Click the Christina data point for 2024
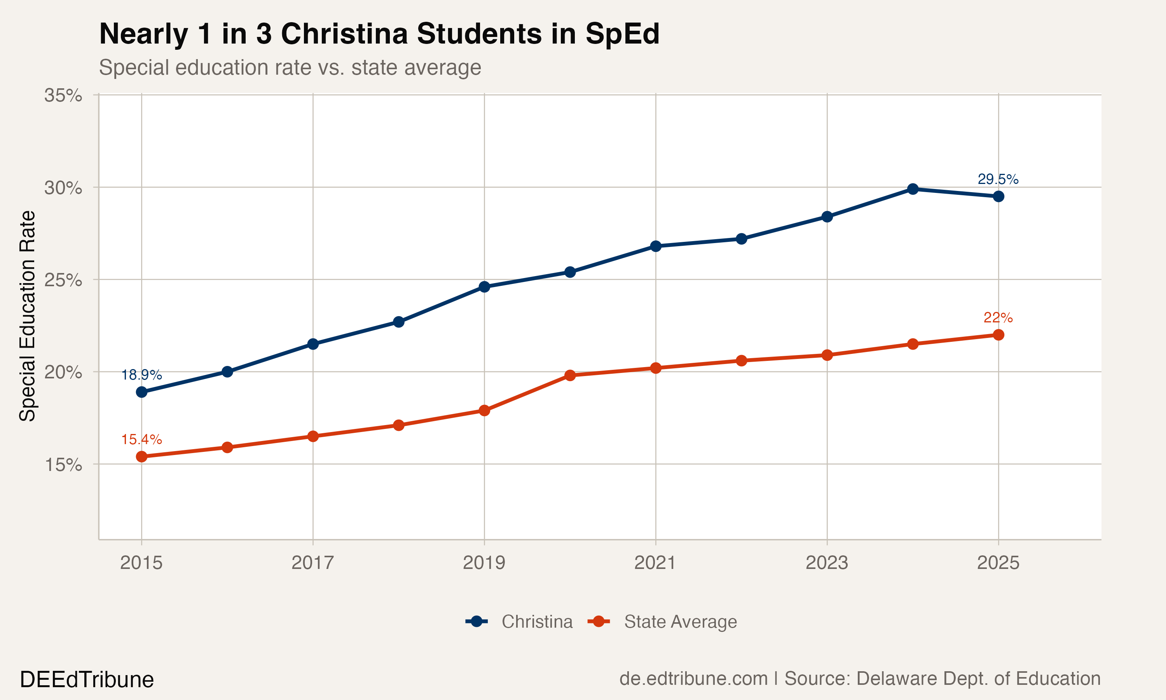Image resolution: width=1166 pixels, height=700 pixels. coord(913,189)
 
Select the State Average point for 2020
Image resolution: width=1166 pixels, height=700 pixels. coord(570,375)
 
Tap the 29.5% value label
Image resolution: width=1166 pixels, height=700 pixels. coord(998,179)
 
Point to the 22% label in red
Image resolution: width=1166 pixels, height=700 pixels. coord(998,318)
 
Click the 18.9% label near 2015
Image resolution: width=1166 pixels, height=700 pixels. coord(141,375)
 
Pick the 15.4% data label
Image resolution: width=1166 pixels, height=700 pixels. coord(141,439)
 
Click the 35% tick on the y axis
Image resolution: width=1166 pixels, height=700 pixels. coord(63,95)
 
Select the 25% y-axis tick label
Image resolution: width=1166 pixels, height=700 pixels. coord(63,280)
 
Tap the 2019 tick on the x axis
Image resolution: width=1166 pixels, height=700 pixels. coord(484,563)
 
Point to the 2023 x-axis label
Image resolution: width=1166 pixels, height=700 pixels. coord(827,563)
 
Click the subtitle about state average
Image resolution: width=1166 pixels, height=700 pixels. coord(290,67)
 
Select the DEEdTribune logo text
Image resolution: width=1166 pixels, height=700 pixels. coord(87,680)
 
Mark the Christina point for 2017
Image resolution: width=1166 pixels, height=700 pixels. coord(313,344)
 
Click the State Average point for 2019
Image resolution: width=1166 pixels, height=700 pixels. coord(484,410)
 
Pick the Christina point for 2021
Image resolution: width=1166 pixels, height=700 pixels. coord(656,246)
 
